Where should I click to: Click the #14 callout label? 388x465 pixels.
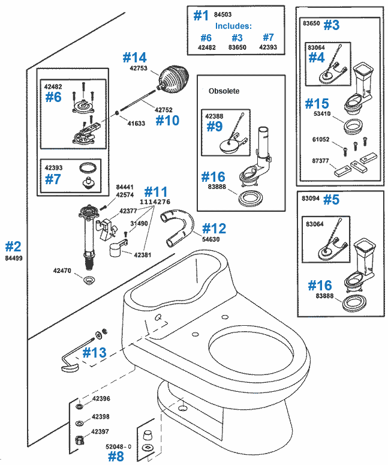[x=134, y=58]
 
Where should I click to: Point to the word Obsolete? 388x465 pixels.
[x=224, y=91]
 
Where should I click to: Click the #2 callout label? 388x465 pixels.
[x=13, y=246]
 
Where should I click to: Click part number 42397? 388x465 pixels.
[x=101, y=431]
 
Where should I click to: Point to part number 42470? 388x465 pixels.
[x=62, y=271]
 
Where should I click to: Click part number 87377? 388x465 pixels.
[x=317, y=161]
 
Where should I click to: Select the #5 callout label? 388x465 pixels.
[x=331, y=200]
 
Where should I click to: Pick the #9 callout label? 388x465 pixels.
[x=215, y=127]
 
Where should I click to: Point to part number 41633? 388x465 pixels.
[x=136, y=122]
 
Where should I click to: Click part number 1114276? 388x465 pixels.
[x=155, y=203]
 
